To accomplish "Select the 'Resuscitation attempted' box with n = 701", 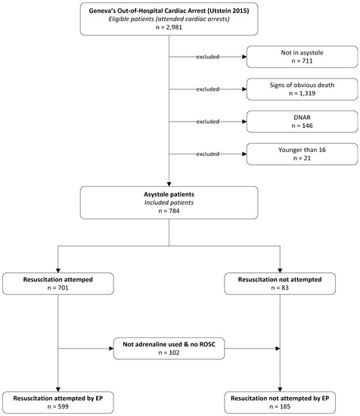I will tap(57, 284).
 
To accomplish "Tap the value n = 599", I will tap(57, 408).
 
